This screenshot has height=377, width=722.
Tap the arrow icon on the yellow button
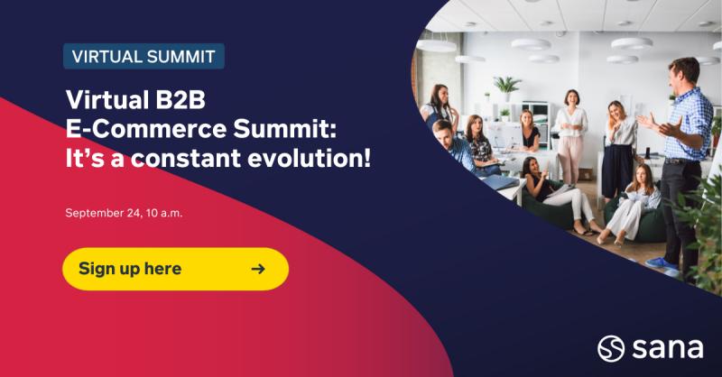[x=258, y=269]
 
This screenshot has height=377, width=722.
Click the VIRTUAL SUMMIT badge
[x=143, y=56]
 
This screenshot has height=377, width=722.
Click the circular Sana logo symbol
[x=611, y=348]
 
